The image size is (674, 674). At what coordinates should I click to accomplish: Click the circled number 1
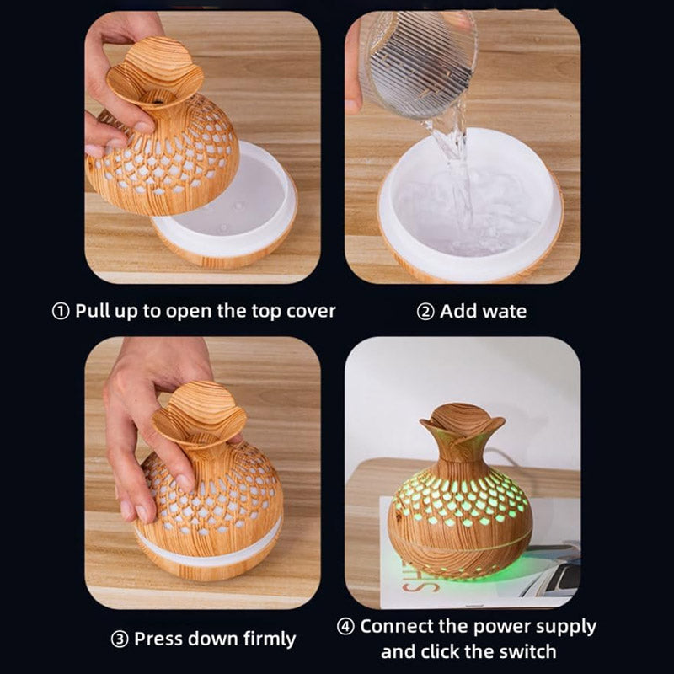(x=61, y=312)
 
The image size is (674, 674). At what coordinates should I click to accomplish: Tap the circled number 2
(x=425, y=312)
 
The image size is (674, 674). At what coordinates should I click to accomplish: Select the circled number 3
(x=119, y=639)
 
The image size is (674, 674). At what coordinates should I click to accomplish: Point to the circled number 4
(x=345, y=627)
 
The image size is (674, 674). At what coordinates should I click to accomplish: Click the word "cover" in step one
(x=311, y=311)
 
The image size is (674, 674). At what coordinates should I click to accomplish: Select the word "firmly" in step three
(x=270, y=639)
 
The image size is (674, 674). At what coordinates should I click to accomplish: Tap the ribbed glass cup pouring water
(x=418, y=65)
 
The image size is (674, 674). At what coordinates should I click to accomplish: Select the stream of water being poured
(x=456, y=172)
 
